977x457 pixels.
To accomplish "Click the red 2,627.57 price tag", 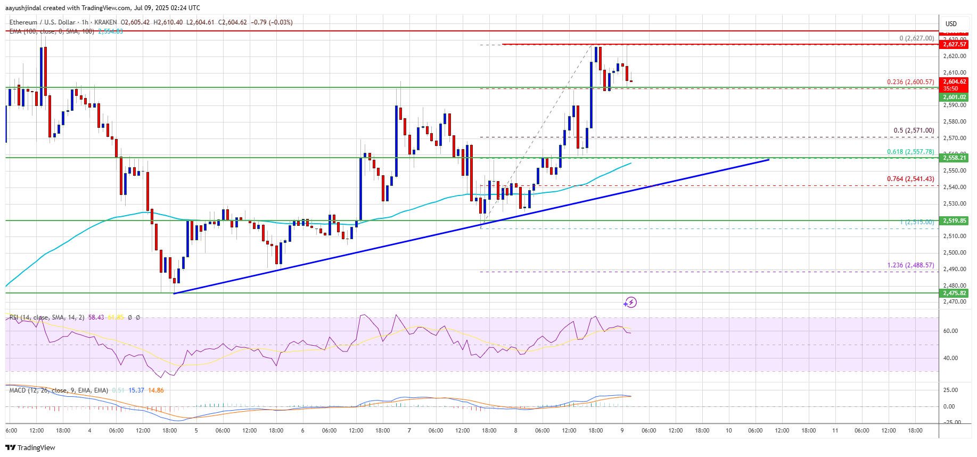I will click(954, 45).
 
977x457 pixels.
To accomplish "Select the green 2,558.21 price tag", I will click(954, 158).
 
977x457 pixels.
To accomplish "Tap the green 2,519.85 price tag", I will click(954, 221).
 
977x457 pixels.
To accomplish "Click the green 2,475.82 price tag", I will click(954, 293).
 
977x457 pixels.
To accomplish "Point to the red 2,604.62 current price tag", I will click(954, 82).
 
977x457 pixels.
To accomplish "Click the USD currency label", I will click(951, 24).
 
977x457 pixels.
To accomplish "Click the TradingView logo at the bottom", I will click(30, 447).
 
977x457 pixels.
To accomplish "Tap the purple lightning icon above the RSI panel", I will click(630, 303).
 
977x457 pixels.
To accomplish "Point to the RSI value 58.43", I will click(96, 317).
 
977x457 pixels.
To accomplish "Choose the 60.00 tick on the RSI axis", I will click(950, 331).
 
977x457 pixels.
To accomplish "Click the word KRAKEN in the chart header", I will click(105, 22).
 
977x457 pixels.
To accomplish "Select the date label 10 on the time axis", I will click(728, 430).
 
